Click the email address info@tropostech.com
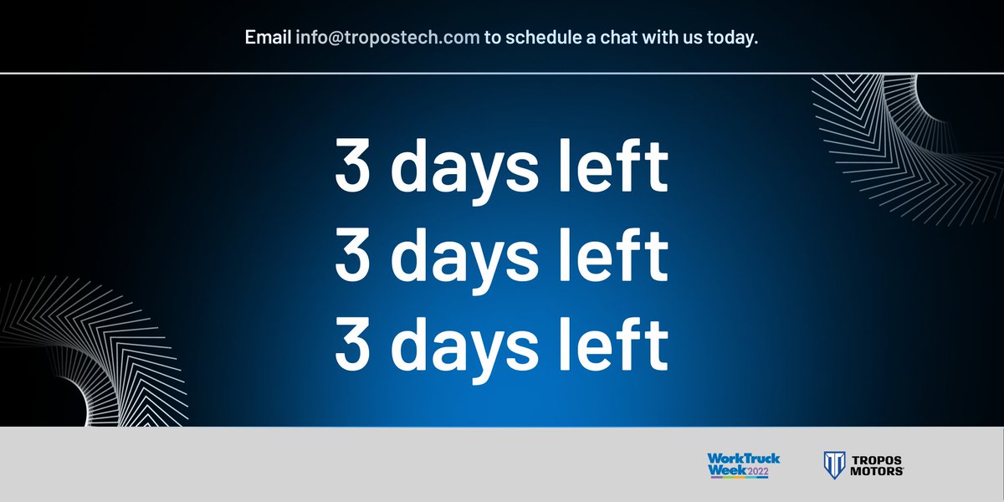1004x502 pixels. tap(387, 38)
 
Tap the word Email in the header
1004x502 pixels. tap(268, 38)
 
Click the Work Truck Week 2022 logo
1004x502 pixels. tap(743, 464)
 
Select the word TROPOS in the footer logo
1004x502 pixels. tap(878, 459)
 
